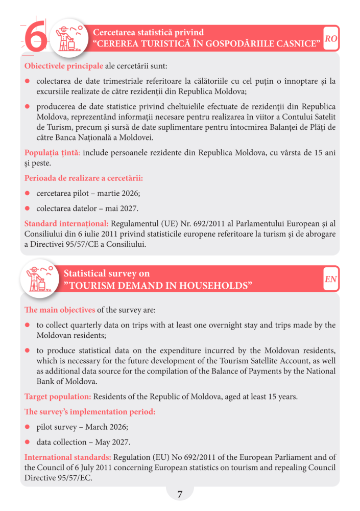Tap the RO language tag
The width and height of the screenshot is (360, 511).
pos(331,39)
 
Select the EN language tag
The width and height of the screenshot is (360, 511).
pos(331,279)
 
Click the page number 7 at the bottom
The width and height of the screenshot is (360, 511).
pos(180,494)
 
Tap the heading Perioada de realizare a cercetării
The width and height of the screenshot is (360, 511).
pos(83,178)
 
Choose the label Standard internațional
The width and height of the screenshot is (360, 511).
pos(66,223)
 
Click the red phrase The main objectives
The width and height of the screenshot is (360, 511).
pos(59,310)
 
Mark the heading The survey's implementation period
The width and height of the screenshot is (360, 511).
pos(90,411)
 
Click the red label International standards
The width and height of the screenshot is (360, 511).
pos(67,457)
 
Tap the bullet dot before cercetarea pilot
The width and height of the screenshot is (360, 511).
pos(28,194)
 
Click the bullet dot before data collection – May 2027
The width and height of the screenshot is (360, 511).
pos(28,442)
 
